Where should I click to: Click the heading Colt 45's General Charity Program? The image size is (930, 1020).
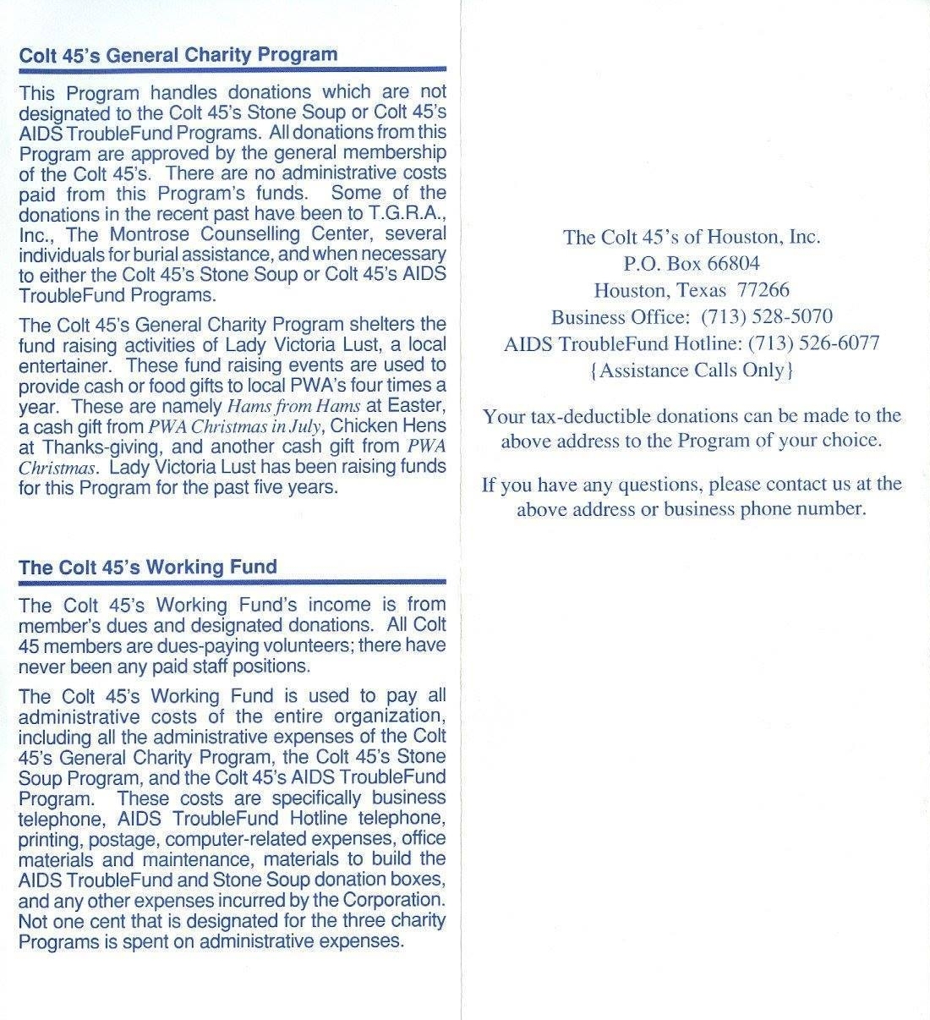click(x=178, y=55)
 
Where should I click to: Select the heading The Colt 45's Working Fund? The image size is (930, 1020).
click(x=148, y=567)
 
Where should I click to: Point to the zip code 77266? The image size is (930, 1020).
click(x=763, y=290)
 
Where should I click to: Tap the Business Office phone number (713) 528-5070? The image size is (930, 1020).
click(x=766, y=317)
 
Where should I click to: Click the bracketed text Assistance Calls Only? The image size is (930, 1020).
click(x=692, y=370)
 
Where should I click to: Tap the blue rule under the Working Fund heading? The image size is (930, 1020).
click(x=232, y=583)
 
